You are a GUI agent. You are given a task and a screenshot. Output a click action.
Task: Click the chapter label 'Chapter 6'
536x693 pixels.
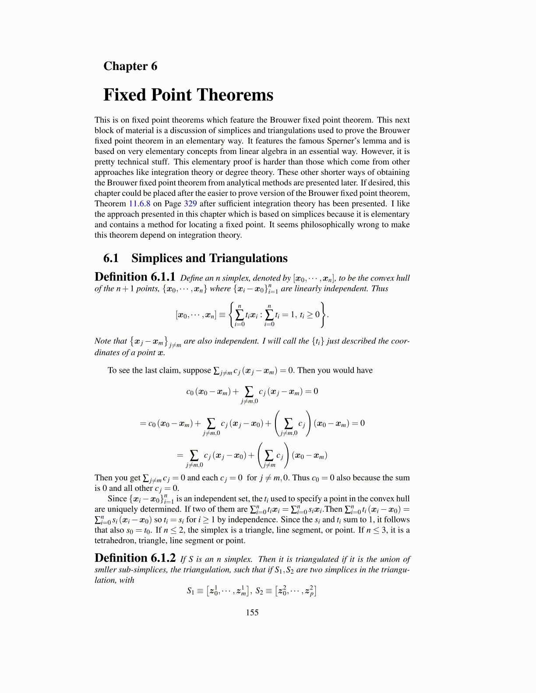coord(130,66)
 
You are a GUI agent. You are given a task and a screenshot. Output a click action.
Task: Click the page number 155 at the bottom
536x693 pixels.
coord(252,612)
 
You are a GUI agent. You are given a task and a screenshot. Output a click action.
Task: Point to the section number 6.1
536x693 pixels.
coord(111,258)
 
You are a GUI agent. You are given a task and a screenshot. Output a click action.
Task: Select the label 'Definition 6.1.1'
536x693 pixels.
coord(135,277)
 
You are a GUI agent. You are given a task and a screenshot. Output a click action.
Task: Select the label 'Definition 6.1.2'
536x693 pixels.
coord(135,559)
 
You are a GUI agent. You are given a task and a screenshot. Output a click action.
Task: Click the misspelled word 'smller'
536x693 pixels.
coord(106,570)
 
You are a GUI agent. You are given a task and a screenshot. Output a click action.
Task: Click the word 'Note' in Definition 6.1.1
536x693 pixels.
coord(102,341)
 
